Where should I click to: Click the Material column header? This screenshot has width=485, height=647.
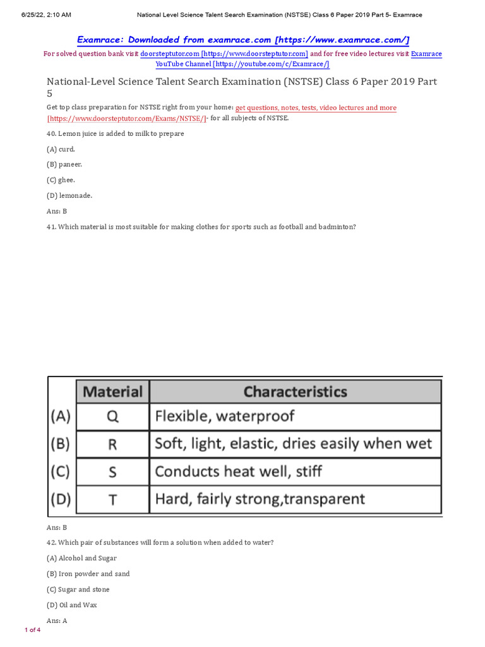pyautogui.click(x=113, y=391)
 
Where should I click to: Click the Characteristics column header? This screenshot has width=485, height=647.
pyautogui.click(x=295, y=391)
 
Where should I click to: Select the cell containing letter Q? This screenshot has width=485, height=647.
pyautogui.click(x=113, y=417)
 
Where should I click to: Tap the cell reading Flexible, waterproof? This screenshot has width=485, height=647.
pyautogui.click(x=295, y=417)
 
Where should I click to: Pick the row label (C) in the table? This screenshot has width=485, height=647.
pyautogui.click(x=61, y=471)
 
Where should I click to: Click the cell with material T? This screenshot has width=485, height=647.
pyautogui.click(x=113, y=499)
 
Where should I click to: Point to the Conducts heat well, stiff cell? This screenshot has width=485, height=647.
pyautogui.click(x=295, y=471)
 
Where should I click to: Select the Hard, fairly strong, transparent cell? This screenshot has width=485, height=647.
pyautogui.click(x=295, y=499)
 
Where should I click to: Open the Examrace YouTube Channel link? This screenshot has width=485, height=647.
pyautogui.click(x=242, y=64)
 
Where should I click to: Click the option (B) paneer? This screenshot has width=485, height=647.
pyautogui.click(x=64, y=164)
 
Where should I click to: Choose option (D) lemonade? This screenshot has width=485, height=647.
pyautogui.click(x=69, y=195)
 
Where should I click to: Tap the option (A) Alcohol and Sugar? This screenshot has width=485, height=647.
pyautogui.click(x=81, y=559)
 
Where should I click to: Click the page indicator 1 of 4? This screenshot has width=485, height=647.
pyautogui.click(x=32, y=630)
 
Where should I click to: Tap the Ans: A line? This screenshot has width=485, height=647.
pyautogui.click(x=57, y=620)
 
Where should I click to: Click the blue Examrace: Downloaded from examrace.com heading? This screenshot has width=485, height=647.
pyautogui.click(x=243, y=40)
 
